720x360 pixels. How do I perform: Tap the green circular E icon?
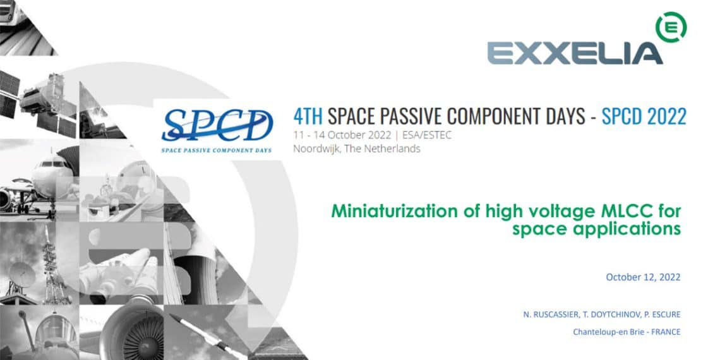pos(671,28)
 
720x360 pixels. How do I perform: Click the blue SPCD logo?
pos(217,124)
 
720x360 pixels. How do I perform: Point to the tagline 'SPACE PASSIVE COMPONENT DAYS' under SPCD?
pos(217,150)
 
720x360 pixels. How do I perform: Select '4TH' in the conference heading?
pos(308,117)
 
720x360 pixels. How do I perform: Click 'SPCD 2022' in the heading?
pos(644,117)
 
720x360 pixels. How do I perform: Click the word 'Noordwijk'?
pos(315,149)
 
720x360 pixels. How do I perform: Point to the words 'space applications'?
pos(596,229)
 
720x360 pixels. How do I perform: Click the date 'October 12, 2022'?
pos(643,277)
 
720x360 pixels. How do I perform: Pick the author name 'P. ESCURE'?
pos(663,315)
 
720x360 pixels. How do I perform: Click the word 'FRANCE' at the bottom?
pos(666,332)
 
